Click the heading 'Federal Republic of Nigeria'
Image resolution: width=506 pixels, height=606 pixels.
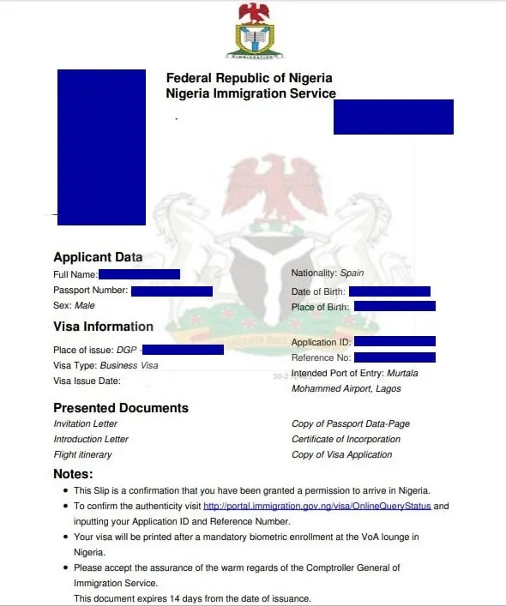(250, 78)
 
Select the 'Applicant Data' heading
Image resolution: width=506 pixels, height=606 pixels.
(98, 257)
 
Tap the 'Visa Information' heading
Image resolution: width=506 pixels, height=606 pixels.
(103, 327)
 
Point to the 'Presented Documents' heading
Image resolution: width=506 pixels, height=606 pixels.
(121, 408)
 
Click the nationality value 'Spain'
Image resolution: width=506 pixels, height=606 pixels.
(352, 273)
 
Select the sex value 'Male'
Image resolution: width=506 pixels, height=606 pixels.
(84, 305)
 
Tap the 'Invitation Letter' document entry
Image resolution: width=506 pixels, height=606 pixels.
(86, 424)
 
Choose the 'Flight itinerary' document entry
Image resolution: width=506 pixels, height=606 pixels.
(82, 455)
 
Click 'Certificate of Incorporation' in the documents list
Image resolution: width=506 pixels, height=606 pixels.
(346, 440)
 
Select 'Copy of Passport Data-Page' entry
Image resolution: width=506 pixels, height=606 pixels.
(351, 424)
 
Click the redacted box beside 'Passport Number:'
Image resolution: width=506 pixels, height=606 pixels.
(172, 291)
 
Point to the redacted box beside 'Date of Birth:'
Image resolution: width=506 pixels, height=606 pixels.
(389, 292)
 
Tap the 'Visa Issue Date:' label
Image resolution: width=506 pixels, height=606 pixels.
(87, 381)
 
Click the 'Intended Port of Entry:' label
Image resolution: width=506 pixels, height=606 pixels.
(337, 374)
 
